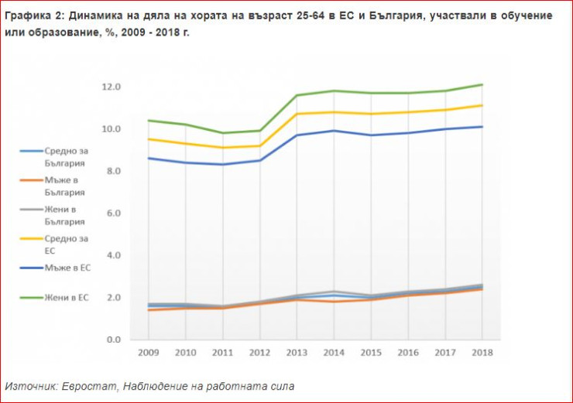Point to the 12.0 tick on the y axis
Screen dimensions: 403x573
pos(112,87)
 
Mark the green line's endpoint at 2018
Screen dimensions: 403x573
pos(482,84)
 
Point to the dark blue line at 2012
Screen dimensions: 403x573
pos(260,160)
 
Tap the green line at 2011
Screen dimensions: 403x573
pos(223,133)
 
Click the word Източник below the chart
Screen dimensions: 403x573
pos(29,385)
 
